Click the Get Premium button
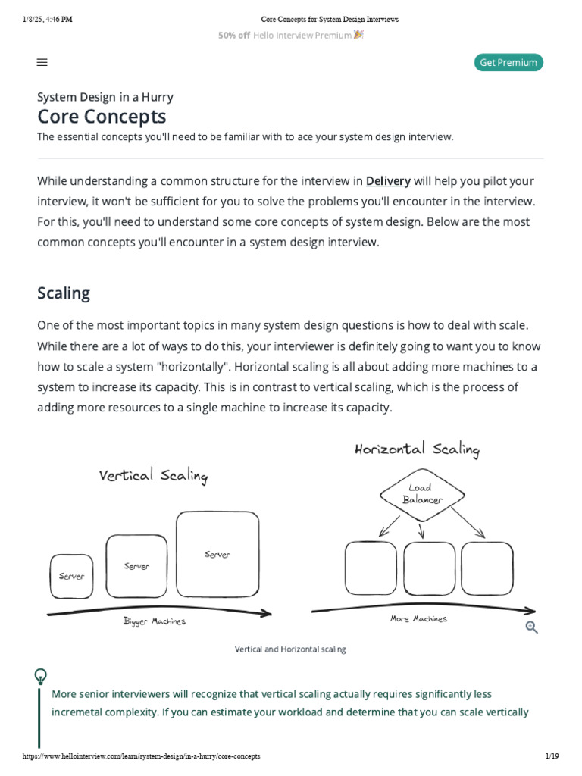pyautogui.click(x=508, y=63)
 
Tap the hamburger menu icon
pyautogui.click(x=42, y=63)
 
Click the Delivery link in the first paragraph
pyautogui.click(x=388, y=181)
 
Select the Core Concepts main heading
pyautogui.click(x=102, y=117)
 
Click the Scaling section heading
pyautogui.click(x=64, y=293)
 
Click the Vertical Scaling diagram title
pyautogui.click(x=153, y=476)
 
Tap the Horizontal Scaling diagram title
pyautogui.click(x=417, y=449)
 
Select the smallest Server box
pyautogui.click(x=72, y=576)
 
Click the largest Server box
pyautogui.click(x=217, y=555)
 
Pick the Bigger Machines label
pyautogui.click(x=154, y=621)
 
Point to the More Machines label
pyautogui.click(x=418, y=619)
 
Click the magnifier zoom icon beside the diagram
pyautogui.click(x=532, y=627)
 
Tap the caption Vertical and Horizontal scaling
pyautogui.click(x=290, y=649)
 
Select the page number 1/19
pyautogui.click(x=551, y=757)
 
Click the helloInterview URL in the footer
pyautogui.click(x=141, y=757)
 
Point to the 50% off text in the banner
pyautogui.click(x=233, y=36)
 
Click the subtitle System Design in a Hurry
pyautogui.click(x=105, y=97)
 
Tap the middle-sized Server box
pyautogui.click(x=136, y=565)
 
